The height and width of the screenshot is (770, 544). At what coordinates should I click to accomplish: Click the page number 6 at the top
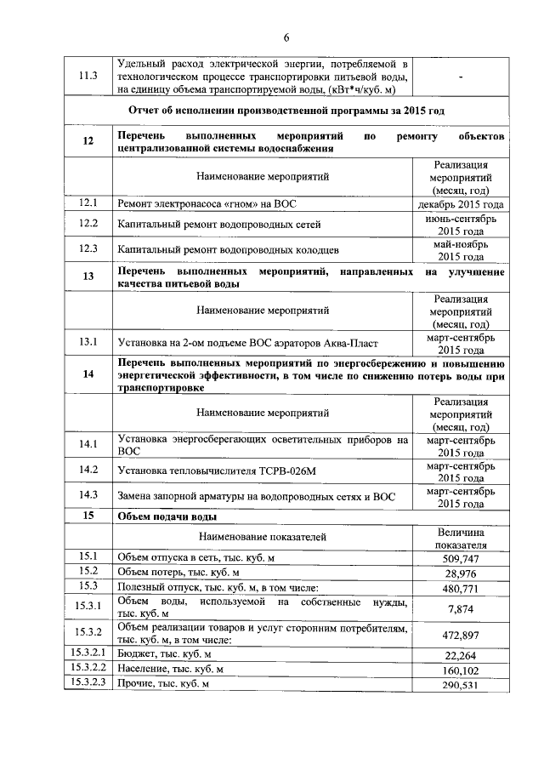point(286,37)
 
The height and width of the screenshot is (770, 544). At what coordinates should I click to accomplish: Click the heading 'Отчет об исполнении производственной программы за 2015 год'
point(286,111)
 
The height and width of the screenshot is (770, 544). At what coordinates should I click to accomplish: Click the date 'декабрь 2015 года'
point(461,204)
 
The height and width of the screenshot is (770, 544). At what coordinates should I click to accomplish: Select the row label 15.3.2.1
point(88,654)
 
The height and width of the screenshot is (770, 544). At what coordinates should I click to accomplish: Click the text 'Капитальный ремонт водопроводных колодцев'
point(229,250)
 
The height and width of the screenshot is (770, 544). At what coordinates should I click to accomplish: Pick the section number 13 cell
point(88,277)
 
